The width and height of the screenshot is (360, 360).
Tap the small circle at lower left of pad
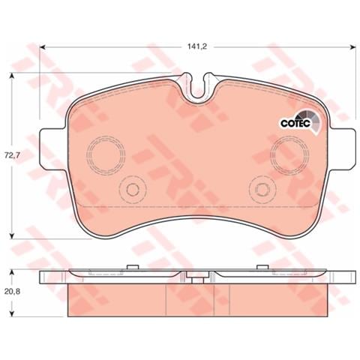point(133,190)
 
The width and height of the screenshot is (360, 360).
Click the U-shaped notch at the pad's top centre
point(197,88)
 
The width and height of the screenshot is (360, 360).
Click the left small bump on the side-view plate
point(130,266)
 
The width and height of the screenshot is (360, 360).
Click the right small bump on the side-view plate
point(264,266)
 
